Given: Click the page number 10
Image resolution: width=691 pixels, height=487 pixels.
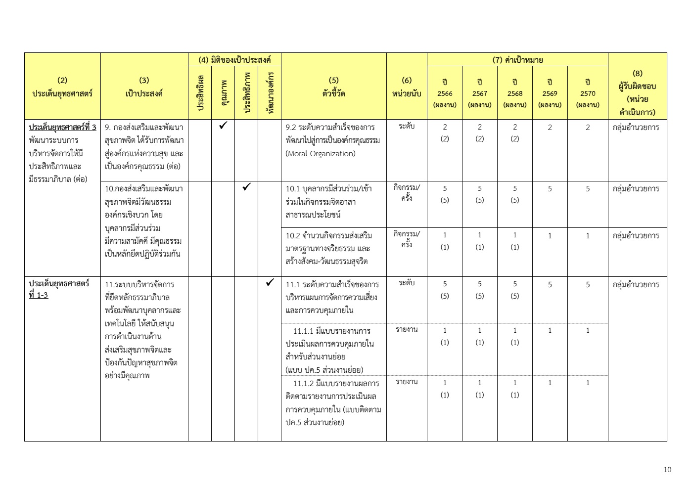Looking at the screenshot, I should coord(667,470).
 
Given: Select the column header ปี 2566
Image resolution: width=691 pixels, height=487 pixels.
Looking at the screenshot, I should coord(445,93).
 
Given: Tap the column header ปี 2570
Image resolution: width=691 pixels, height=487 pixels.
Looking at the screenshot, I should coord(588,93).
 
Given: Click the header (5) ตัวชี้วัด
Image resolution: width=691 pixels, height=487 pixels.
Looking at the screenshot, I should coord(333,87).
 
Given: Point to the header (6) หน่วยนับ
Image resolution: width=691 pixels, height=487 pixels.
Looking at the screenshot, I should coord(406,87).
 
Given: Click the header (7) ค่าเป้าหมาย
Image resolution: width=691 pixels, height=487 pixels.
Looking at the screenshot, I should coord(517,60).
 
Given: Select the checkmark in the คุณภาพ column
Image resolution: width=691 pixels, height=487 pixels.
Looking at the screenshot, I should coord(223,126).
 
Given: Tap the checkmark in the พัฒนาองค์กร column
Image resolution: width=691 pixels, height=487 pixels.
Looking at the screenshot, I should coord(270,283).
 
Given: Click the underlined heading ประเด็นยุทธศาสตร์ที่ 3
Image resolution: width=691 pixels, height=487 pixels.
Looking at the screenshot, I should coord(62,127).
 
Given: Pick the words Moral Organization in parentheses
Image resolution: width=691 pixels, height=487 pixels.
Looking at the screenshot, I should coord(321,153).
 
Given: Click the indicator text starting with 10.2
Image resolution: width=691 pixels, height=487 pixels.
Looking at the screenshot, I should coord(329,248).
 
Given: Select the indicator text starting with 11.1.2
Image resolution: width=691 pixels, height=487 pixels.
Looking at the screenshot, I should coord(333,402).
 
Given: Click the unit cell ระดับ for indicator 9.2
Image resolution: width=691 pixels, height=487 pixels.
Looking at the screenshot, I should coord(406,126).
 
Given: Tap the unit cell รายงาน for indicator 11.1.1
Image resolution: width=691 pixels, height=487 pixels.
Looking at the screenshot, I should coord(406,329).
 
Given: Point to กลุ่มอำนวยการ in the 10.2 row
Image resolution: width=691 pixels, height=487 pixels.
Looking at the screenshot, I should coord(636,235).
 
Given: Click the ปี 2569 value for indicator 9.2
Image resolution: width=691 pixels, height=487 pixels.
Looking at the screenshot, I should coord(550,127).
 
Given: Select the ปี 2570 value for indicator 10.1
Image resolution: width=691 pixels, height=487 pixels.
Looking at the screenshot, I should coord(588,188).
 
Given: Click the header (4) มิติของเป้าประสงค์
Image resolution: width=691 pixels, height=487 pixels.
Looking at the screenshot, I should coord(234,60).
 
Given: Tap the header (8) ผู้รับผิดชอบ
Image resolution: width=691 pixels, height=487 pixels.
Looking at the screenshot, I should coord(637,86).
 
